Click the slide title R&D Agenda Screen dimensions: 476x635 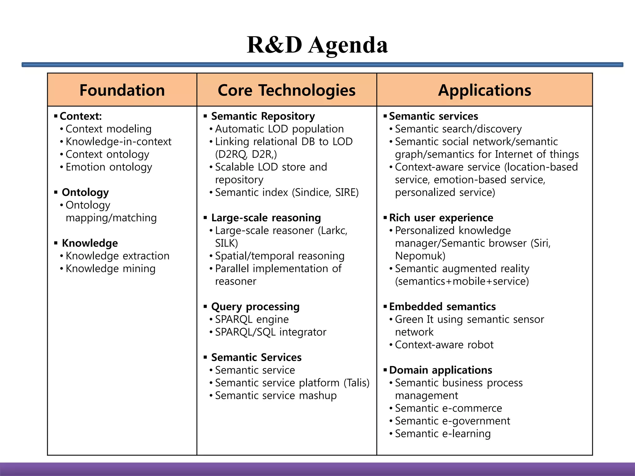(x=317, y=45)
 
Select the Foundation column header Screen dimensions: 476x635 (x=122, y=90)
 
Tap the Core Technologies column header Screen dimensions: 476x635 (x=286, y=90)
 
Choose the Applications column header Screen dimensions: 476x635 (x=484, y=90)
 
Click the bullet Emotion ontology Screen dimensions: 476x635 (x=109, y=167)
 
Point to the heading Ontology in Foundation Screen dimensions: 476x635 (x=85, y=192)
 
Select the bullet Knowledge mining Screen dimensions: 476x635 (x=110, y=269)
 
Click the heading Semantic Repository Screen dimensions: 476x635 (x=263, y=116)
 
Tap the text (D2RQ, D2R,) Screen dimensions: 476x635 (x=246, y=154)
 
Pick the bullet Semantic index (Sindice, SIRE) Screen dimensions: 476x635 (x=286, y=192)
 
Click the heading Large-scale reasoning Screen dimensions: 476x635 (x=266, y=218)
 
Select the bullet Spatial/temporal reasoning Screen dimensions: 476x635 (x=280, y=256)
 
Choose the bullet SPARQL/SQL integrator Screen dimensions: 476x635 (x=270, y=332)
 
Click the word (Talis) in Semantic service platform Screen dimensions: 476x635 (x=357, y=383)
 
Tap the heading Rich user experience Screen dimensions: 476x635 (x=441, y=218)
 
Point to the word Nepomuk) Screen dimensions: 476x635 (x=420, y=256)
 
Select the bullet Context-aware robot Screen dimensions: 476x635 (x=444, y=345)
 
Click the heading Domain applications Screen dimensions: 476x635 (x=441, y=370)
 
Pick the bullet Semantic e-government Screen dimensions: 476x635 (x=452, y=421)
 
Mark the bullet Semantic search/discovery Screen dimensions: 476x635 (x=458, y=129)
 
